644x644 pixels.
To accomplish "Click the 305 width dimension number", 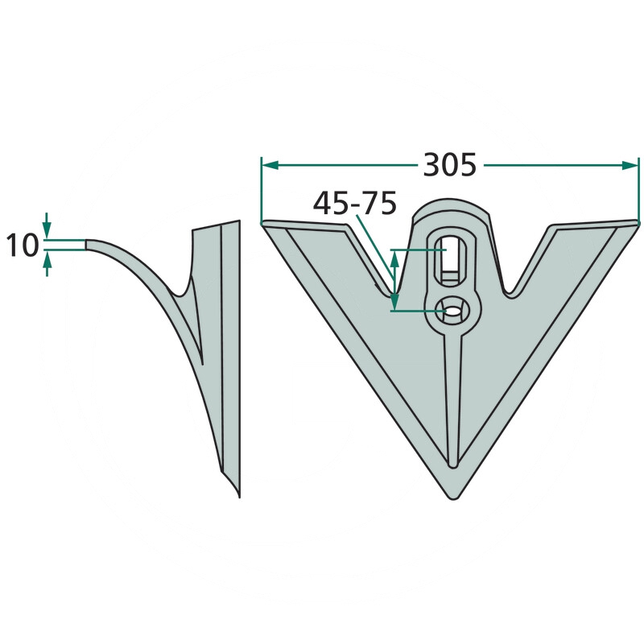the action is coord(450,165).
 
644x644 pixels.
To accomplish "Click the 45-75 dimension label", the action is coord(355,204).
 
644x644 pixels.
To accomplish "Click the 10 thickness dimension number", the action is coord(23,246).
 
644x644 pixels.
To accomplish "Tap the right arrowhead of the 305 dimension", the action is coord(630,165).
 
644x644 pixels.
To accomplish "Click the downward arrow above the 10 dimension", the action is coord(47,225).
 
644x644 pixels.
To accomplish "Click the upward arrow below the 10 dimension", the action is coord(47,264).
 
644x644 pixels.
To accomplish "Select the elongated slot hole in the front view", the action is coord(451,258).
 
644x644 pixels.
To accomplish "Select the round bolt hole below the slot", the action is coord(452,311).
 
